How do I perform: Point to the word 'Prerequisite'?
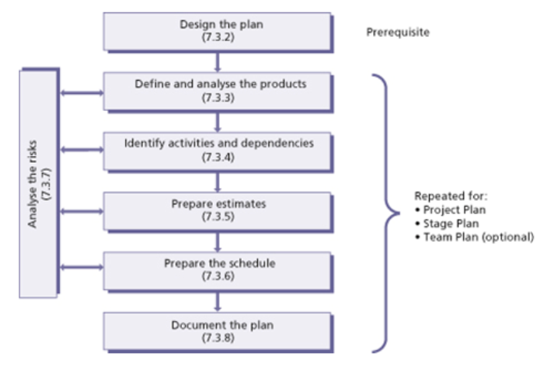(x=397, y=33)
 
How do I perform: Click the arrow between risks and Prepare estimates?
(x=81, y=210)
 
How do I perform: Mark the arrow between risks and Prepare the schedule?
(x=81, y=268)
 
